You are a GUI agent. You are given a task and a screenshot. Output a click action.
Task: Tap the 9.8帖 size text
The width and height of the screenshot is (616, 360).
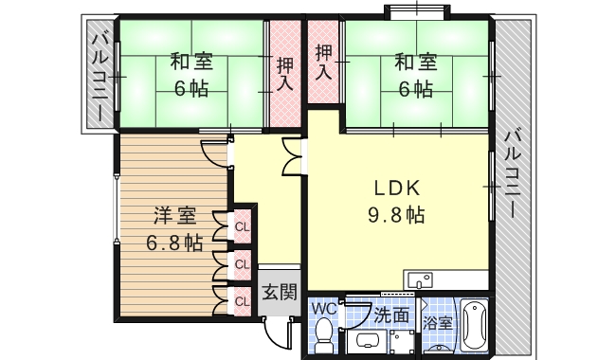396,214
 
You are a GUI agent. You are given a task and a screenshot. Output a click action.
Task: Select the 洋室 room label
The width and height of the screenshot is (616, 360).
173,214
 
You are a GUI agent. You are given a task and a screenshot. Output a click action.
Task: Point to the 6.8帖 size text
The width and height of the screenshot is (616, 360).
173,242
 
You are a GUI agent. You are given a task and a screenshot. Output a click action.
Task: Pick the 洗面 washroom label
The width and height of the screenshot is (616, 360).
391,314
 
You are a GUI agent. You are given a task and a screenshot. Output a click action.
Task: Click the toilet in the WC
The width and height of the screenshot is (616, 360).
324,333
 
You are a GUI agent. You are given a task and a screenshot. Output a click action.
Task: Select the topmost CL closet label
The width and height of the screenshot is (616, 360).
243,227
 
